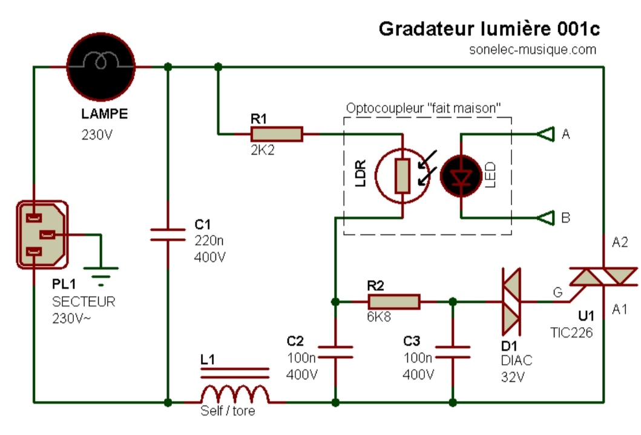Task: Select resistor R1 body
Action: click(277, 134)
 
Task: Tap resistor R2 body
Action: click(394, 302)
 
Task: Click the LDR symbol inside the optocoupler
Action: click(402, 176)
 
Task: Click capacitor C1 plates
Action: click(167, 235)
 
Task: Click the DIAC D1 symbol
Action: click(510, 301)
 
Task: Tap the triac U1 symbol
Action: click(603, 277)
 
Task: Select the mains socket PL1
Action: click(42, 235)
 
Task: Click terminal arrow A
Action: click(546, 134)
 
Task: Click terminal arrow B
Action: click(546, 217)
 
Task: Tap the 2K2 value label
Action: click(262, 150)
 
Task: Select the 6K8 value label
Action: click(380, 318)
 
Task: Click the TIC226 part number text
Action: click(572, 332)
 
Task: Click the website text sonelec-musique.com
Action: click(533, 50)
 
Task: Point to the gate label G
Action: click(557, 293)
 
